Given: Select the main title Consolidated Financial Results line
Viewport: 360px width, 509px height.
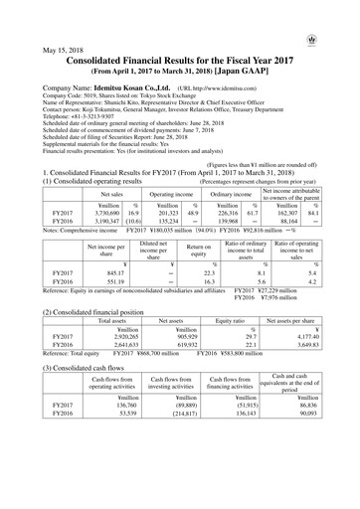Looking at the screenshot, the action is pos(180,62).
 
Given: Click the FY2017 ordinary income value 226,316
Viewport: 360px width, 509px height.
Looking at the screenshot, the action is pos(221,213).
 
